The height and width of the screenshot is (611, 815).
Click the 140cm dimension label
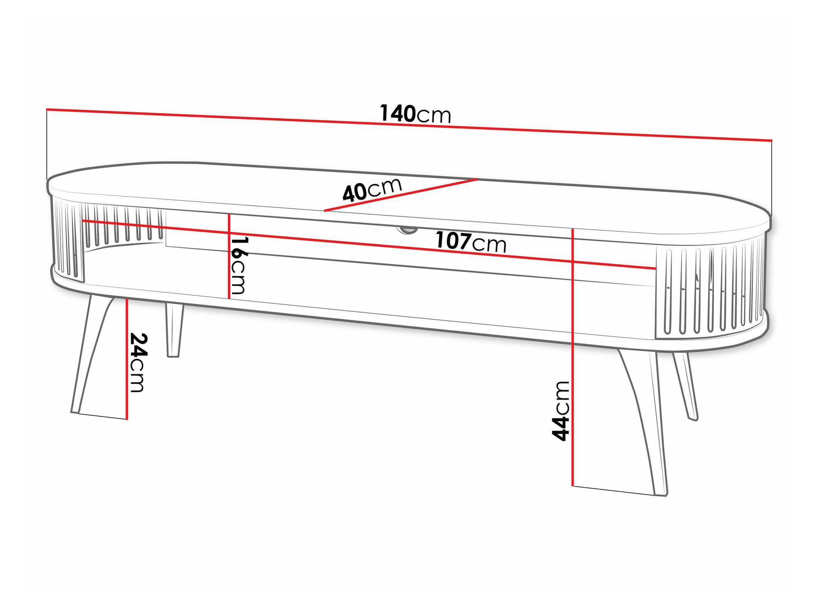point(415,114)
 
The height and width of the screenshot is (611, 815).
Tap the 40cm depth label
point(372,190)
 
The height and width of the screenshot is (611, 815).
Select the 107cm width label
point(471,242)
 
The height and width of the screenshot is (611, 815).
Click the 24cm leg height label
point(138,363)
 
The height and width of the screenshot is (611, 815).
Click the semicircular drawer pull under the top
point(406,230)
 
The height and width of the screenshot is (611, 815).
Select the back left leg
point(174,330)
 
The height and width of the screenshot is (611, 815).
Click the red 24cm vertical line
point(127,358)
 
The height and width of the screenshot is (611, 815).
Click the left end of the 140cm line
point(47,109)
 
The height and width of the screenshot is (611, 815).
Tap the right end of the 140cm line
point(771,140)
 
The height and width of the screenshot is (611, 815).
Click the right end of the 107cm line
point(655,268)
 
